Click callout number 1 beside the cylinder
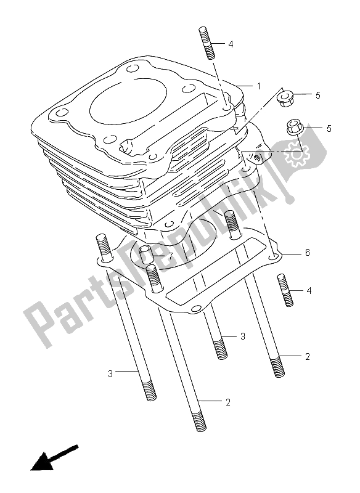258,86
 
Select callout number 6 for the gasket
307,252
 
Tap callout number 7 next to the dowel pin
170,256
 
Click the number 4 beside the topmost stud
231,44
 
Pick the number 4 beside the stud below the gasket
309,291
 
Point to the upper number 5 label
317,95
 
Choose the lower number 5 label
329,128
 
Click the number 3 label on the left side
110,374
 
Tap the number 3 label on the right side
242,336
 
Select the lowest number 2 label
228,402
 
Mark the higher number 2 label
307,357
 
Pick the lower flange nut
294,128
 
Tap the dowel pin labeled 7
145,255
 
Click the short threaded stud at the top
207,43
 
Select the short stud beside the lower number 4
285,290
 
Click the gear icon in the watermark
297,153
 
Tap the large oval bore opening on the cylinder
128,99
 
